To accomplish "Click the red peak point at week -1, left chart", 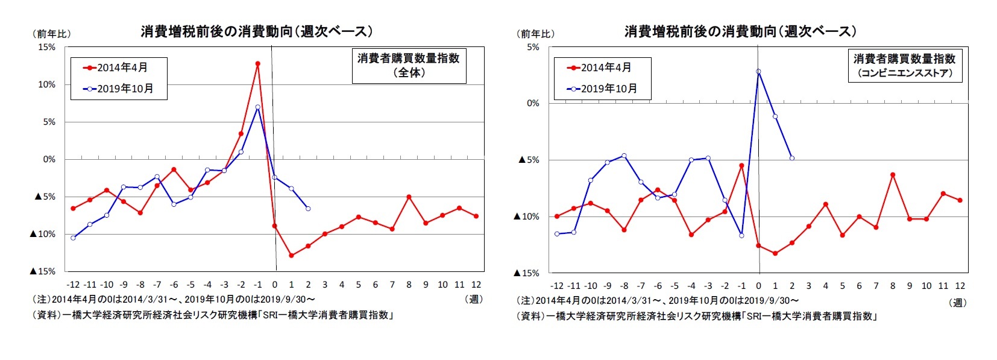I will (257, 63).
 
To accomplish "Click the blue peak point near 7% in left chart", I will (257, 107).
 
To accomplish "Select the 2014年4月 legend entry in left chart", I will (118, 68).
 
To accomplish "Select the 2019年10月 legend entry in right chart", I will (602, 89).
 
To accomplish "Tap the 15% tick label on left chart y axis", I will (46, 47).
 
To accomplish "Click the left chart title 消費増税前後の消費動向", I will (256, 31).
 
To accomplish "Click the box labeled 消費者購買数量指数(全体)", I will (408, 65).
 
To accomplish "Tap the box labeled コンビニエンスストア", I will (904, 65).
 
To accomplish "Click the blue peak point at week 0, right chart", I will (758, 72).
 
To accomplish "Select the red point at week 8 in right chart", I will (893, 175).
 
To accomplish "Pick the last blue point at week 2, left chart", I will (308, 209).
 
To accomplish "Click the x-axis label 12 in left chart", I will (476, 285).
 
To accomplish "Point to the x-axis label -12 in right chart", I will (556, 286).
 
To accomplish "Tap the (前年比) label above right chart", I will (536, 34).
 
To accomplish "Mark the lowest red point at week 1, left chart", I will (291, 256).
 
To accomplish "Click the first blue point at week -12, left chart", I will (73, 238).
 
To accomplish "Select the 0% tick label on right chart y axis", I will (532, 103).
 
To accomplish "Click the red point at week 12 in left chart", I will (476, 216).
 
